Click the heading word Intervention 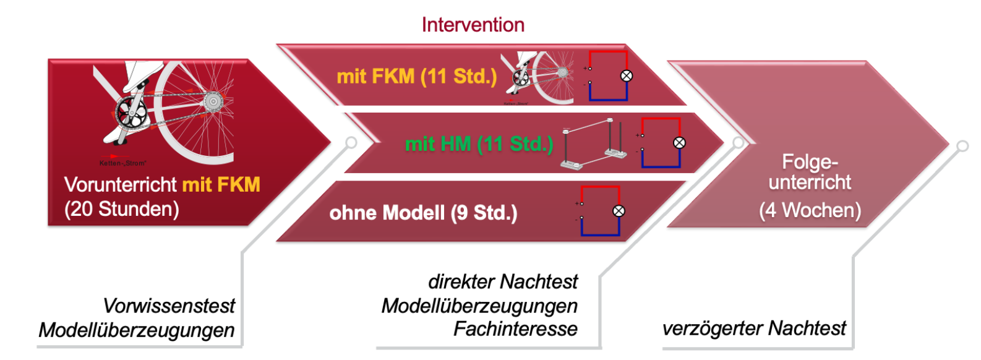(x=473, y=25)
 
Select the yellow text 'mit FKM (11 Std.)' (x=416, y=77)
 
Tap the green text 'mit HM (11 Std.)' (x=478, y=144)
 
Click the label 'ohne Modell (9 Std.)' (x=423, y=213)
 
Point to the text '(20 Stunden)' (x=122, y=209)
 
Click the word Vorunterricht (x=121, y=184)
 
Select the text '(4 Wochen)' (x=810, y=210)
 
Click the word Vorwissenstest (x=169, y=306)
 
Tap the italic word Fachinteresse (x=515, y=329)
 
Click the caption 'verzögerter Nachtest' (x=754, y=328)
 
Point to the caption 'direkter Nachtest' (x=503, y=282)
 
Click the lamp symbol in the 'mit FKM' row (x=627, y=76)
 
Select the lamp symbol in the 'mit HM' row (x=679, y=143)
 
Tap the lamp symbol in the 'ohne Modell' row (x=619, y=211)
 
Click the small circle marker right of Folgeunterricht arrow (x=962, y=146)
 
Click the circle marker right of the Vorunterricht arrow (x=351, y=143)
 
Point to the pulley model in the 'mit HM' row (x=591, y=144)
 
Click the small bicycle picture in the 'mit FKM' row (x=538, y=77)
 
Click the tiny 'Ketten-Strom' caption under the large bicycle (x=122, y=163)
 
